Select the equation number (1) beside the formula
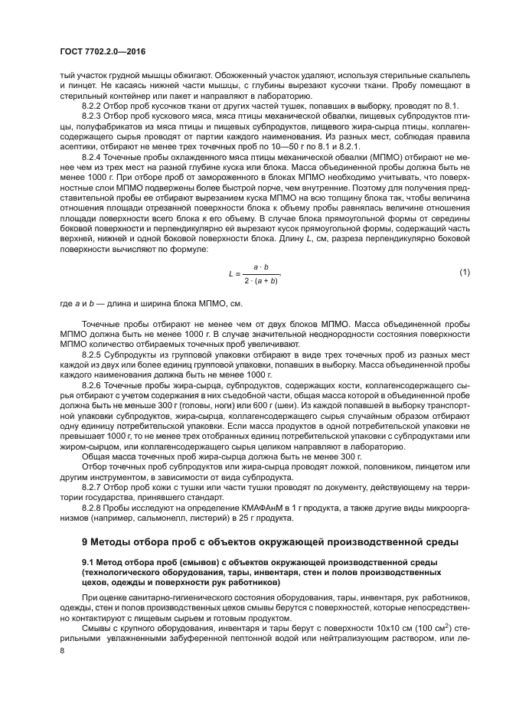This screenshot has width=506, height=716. coord(463,273)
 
